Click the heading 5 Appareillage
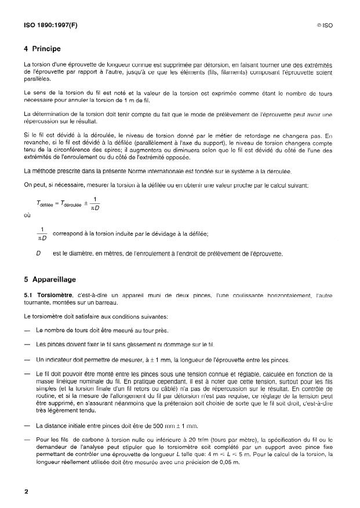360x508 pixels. click(50, 279)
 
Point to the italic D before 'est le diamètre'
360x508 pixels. click(38, 254)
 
